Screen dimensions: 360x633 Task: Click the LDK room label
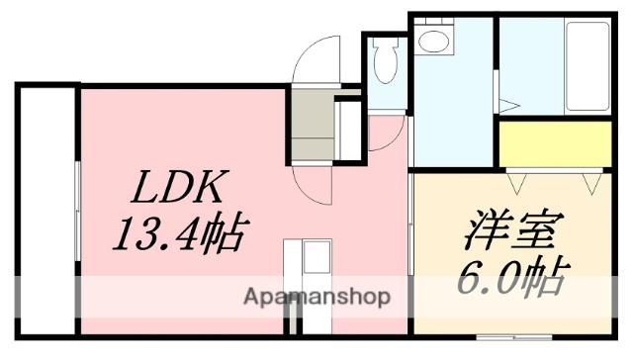[x=179, y=187]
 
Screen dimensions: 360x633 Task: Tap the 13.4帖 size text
[x=179, y=235]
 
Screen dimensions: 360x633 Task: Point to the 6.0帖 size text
[x=510, y=277]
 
